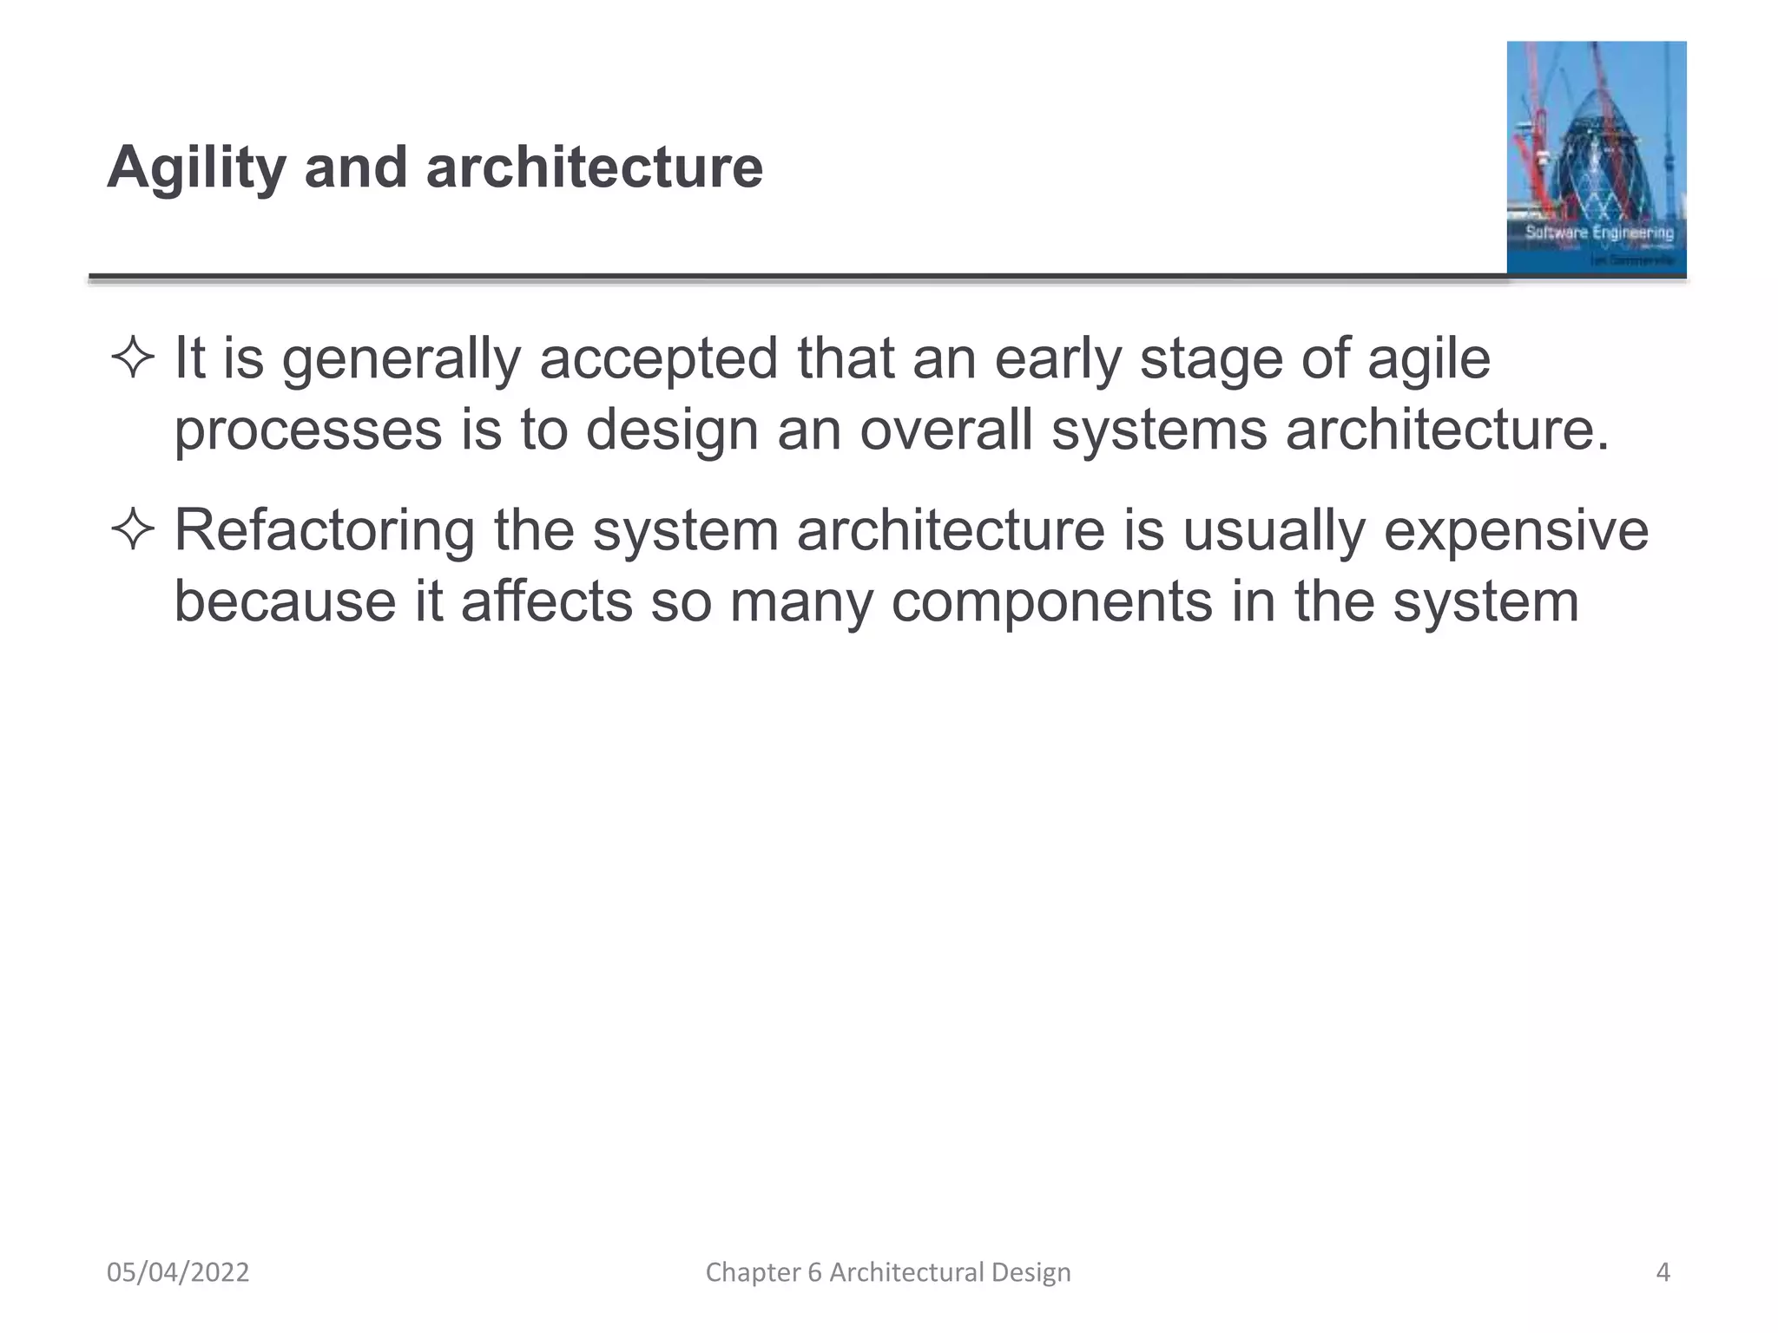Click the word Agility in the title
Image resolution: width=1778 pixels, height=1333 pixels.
coord(196,167)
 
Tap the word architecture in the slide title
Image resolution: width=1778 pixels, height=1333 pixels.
coord(594,167)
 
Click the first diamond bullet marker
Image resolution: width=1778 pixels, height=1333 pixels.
coord(133,358)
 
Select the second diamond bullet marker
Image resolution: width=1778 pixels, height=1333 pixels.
coord(133,529)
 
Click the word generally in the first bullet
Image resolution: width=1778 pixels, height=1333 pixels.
coord(400,358)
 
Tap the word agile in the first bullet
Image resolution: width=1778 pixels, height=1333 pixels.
coord(1429,358)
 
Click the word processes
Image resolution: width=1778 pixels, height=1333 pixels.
coord(308,430)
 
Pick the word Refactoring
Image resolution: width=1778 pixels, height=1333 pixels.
coord(325,529)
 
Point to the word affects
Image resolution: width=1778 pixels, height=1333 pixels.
coord(546,601)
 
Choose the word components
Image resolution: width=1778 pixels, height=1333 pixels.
coord(1051,601)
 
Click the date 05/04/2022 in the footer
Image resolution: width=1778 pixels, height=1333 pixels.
coord(178,1272)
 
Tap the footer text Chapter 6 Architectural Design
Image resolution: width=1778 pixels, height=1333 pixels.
coord(888,1272)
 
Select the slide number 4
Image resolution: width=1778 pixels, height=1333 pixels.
coord(1663,1272)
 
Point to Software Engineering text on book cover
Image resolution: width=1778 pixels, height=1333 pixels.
coord(1599,233)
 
